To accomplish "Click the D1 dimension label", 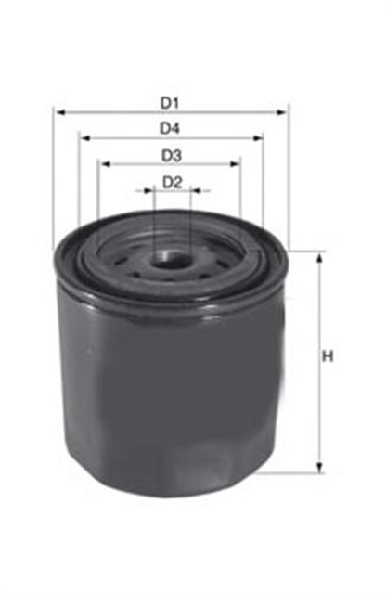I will coord(170,100).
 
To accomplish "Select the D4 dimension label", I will coord(170,127).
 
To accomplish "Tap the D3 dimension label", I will coord(170,154).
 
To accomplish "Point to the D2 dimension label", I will coord(171,182).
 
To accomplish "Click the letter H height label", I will coord(327,357).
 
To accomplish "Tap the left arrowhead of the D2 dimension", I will coord(148,192).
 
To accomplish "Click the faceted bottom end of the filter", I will coord(167,478).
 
